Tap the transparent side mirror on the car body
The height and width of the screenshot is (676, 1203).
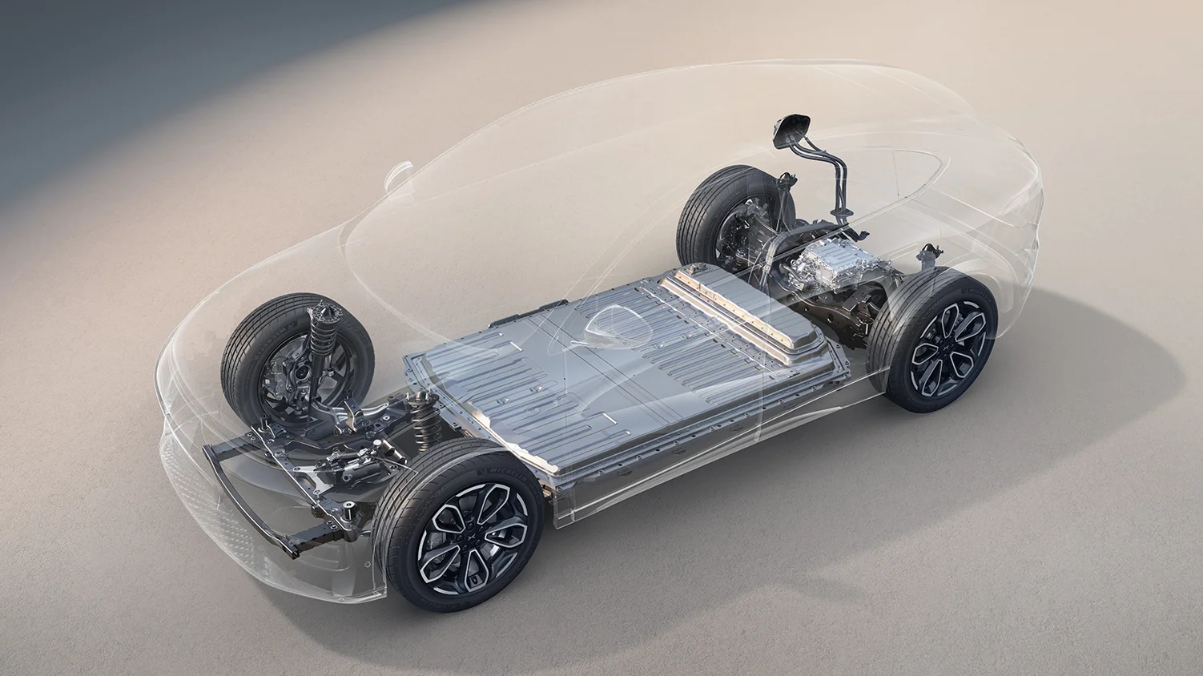tap(400, 171)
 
